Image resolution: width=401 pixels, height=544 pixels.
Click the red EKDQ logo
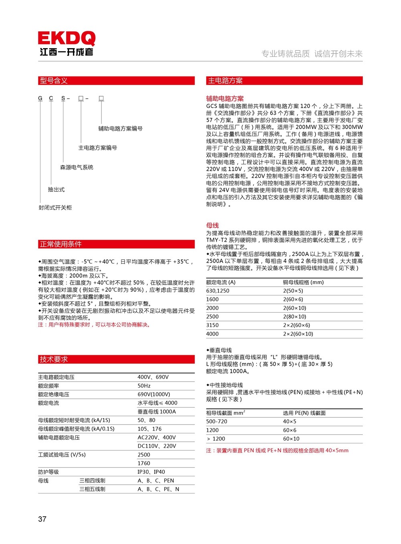click(x=67, y=38)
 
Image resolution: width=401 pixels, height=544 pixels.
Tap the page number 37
click(x=42, y=519)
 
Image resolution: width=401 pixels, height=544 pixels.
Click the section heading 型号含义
click(x=54, y=81)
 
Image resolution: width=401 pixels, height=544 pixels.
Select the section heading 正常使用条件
click(x=61, y=244)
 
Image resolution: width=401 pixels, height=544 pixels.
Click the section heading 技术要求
click(x=54, y=359)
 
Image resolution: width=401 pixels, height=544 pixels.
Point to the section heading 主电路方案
click(x=225, y=81)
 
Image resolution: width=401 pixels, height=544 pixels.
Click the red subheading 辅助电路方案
click(x=225, y=99)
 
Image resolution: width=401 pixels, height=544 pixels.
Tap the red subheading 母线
click(x=213, y=225)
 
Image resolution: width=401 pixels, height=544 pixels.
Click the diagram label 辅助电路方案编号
click(x=120, y=129)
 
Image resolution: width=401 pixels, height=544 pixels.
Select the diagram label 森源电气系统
click(x=77, y=167)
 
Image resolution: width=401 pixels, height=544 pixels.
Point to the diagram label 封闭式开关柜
click(x=55, y=208)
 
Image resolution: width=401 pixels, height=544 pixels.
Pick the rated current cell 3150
click(x=213, y=325)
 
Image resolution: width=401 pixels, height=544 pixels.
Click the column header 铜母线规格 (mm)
click(x=303, y=282)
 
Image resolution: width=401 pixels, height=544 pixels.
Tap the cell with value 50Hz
click(x=144, y=386)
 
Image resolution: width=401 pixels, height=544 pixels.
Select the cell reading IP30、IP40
click(x=151, y=472)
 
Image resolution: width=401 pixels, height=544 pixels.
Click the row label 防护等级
click(x=49, y=472)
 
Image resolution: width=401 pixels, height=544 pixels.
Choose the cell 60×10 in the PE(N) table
click(x=291, y=439)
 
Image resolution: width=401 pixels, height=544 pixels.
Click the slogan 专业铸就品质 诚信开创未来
click(x=312, y=54)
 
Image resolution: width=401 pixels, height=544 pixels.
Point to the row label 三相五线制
click(x=92, y=489)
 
